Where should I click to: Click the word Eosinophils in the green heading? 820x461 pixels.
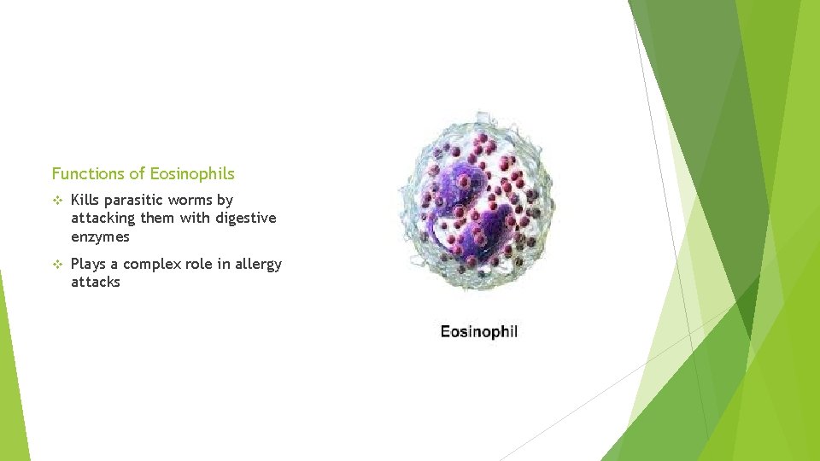pyautogui.click(x=191, y=174)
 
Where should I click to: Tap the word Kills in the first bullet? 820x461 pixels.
pyautogui.click(x=85, y=201)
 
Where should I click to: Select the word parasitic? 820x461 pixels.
pyautogui.click(x=132, y=201)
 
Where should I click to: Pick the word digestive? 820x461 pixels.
pyautogui.click(x=246, y=219)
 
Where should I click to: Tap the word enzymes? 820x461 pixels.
pyautogui.click(x=100, y=236)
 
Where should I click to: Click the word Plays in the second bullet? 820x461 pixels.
pyautogui.click(x=89, y=265)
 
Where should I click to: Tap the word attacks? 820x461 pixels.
pyautogui.click(x=96, y=283)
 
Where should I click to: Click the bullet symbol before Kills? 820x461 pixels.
pyautogui.click(x=57, y=201)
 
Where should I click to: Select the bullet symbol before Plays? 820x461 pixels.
pyautogui.click(x=57, y=265)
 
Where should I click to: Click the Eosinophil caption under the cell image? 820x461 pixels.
pyautogui.click(x=478, y=331)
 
